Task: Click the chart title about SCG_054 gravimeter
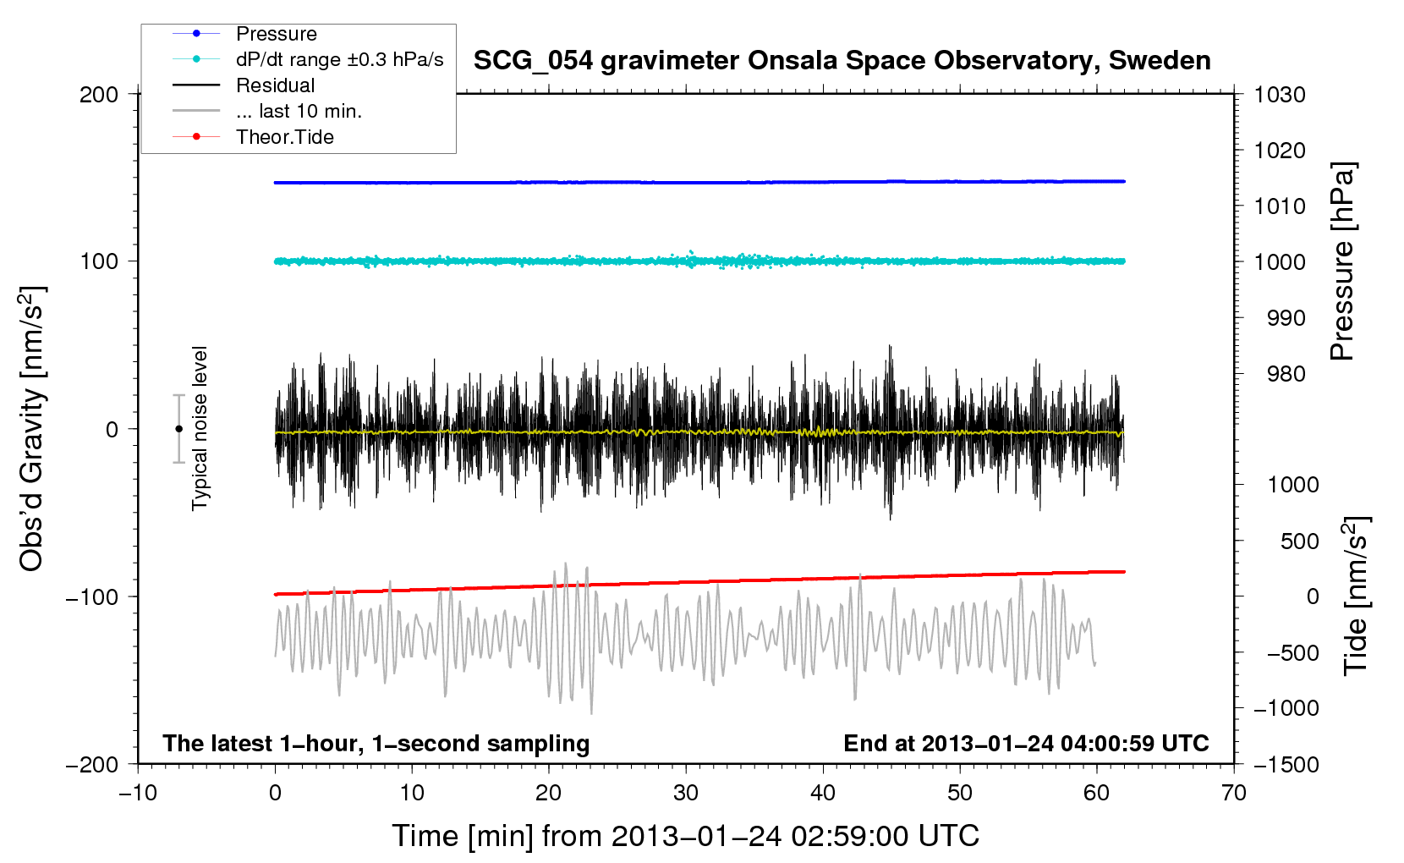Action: click(842, 61)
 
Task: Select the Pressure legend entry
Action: click(276, 34)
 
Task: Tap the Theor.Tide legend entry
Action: click(284, 137)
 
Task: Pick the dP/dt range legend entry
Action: click(339, 59)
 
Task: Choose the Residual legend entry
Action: click(275, 85)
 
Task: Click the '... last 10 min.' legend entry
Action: click(299, 111)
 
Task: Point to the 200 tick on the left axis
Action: click(99, 94)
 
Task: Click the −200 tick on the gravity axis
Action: click(92, 764)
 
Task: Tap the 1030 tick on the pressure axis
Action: click(1279, 94)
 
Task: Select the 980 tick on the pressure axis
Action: click(1286, 374)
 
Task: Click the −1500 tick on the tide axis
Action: click(1286, 764)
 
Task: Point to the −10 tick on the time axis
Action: click(138, 793)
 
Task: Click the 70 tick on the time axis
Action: click(1234, 793)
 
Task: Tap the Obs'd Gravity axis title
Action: click(32, 429)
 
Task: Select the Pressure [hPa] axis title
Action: click(1342, 261)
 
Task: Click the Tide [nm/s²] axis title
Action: click(1356, 596)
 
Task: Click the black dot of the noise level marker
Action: click(178, 429)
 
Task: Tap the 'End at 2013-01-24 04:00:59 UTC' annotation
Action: click(1026, 743)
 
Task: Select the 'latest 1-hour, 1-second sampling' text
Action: click(376, 743)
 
